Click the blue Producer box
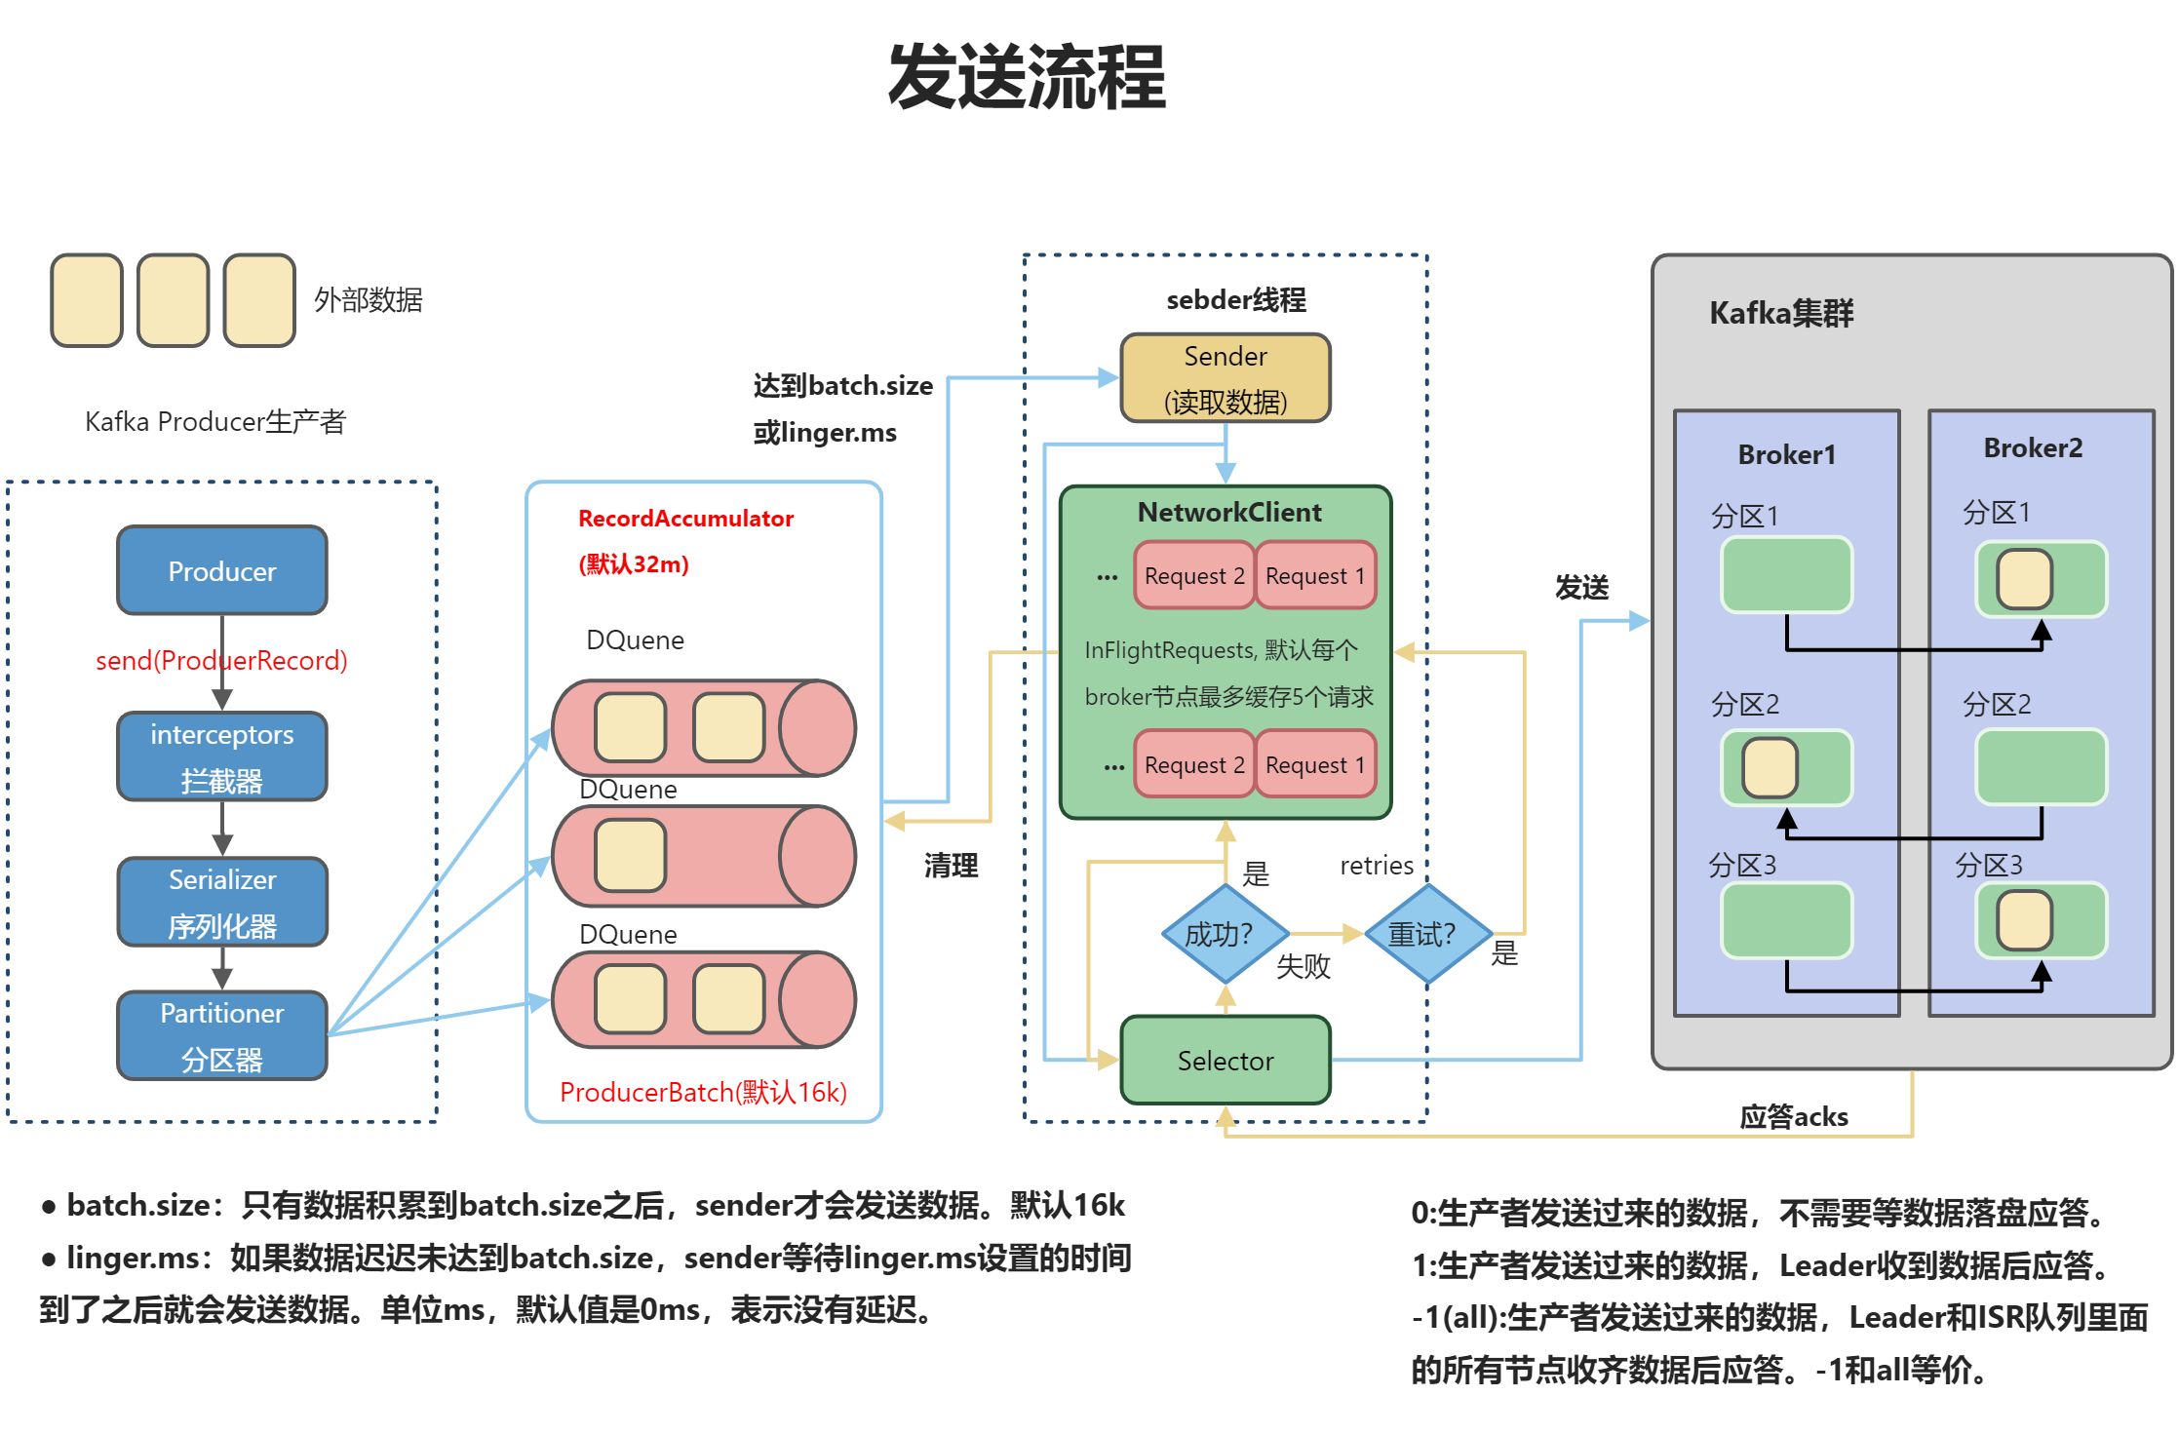tap(221, 570)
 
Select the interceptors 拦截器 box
tap(221, 756)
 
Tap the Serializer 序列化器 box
tap(221, 902)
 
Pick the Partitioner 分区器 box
tap(221, 1035)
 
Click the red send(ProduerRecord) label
tap(221, 660)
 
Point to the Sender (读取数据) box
tap(1225, 378)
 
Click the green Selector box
tap(1225, 1060)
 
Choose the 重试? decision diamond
tap(1426, 934)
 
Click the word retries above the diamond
tap(1376, 865)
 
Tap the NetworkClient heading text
tap(1228, 512)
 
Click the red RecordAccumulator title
tap(685, 518)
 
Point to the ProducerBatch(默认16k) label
tap(703, 1092)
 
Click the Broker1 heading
tap(1786, 454)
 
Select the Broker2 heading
tap(2033, 447)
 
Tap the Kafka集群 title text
tap(1780, 313)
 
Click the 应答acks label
tap(1793, 1116)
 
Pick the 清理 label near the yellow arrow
tap(951, 865)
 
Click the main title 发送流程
tap(1026, 76)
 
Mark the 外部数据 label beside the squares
tap(368, 299)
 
